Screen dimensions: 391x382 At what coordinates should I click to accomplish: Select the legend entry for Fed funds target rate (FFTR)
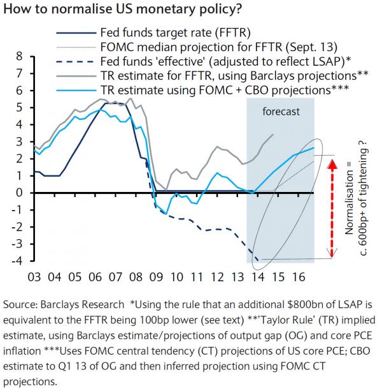coord(172,31)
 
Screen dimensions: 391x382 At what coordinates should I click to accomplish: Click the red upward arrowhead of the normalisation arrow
coord(331,165)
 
